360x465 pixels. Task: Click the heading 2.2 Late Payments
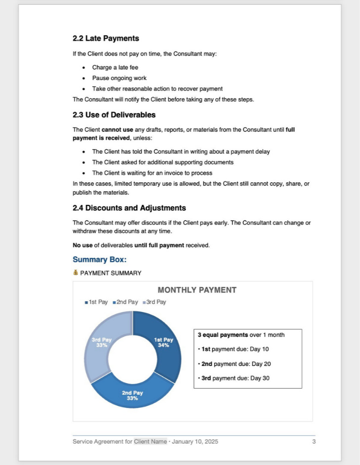[106, 39]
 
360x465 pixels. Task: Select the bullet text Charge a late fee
[115, 68]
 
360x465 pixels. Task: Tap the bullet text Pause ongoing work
[119, 78]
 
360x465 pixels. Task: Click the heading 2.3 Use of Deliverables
[114, 115]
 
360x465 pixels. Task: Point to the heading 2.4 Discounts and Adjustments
[129, 208]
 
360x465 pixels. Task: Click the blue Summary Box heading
[100, 260]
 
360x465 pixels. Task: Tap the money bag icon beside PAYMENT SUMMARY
[76, 273]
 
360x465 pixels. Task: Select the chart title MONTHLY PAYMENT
[197, 290]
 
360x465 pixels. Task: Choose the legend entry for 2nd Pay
[127, 302]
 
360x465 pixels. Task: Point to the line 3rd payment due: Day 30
[235, 378]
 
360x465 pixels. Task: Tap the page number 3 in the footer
[314, 442]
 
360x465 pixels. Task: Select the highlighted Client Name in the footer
[150, 442]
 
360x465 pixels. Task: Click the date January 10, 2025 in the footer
[195, 442]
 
